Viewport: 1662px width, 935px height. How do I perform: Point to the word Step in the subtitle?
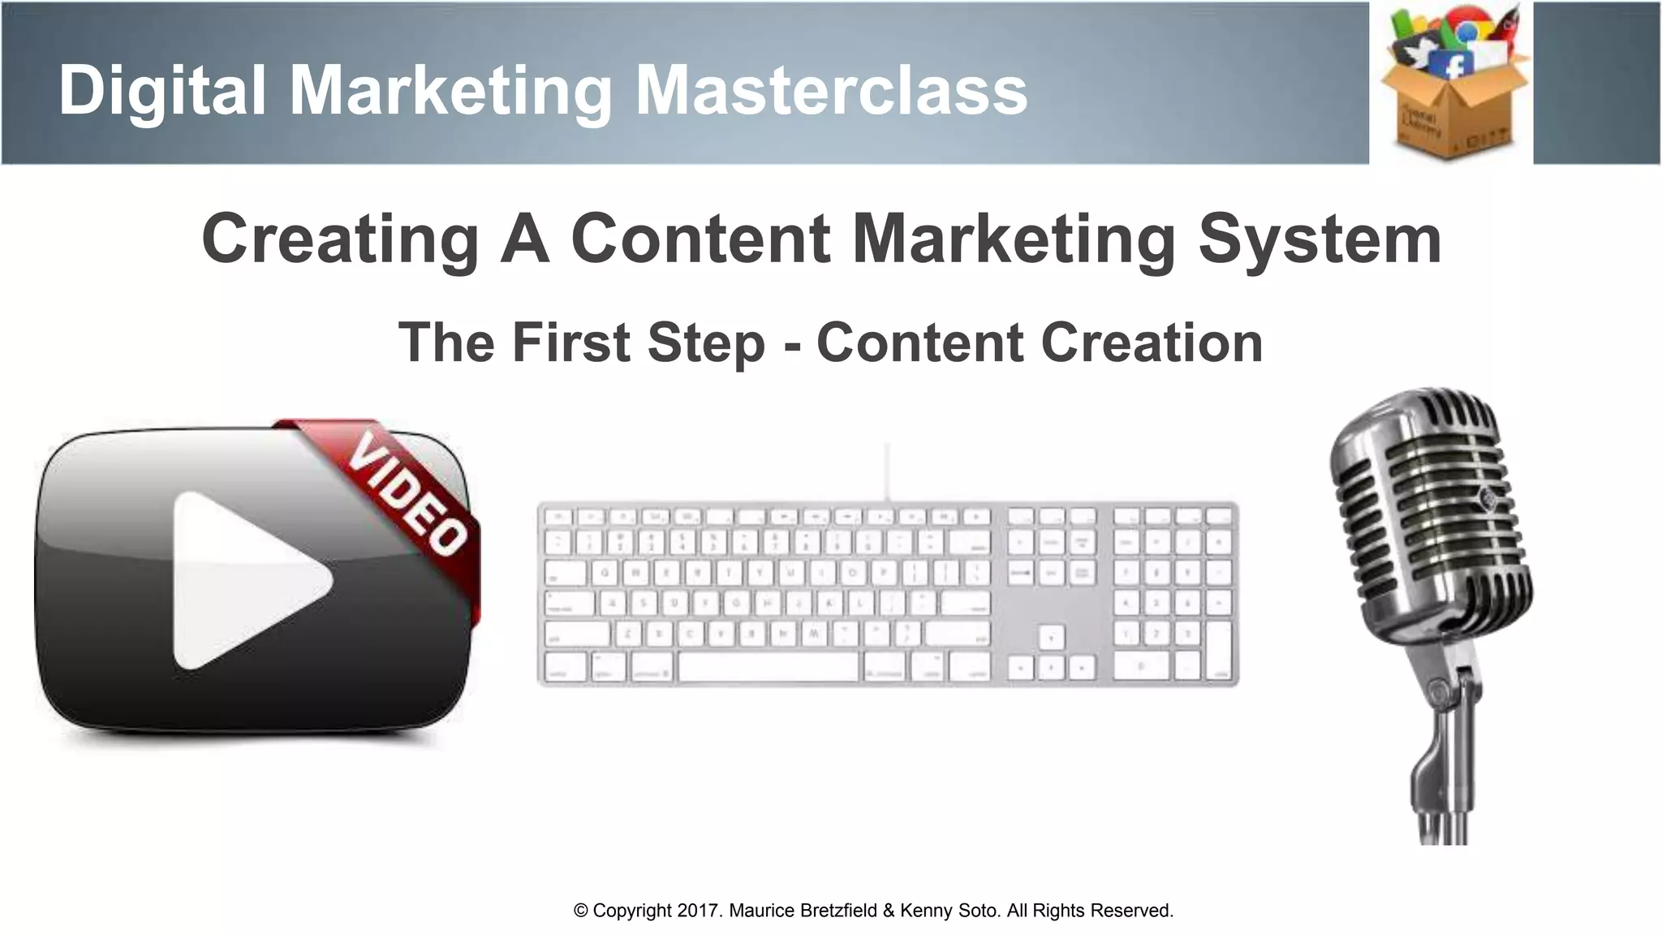706,343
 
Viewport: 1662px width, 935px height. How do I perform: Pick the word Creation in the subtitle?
1152,343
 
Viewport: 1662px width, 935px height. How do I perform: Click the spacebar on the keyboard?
768,667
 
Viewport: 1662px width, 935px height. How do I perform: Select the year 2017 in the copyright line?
699,911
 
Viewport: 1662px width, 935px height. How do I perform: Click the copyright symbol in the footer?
581,911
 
